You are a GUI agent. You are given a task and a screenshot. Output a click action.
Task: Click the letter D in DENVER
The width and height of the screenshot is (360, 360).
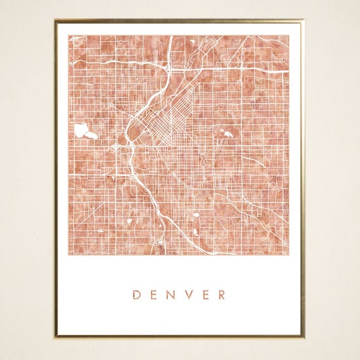click(x=136, y=294)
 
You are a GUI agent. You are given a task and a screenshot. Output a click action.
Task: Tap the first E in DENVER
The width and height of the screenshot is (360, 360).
click(x=153, y=294)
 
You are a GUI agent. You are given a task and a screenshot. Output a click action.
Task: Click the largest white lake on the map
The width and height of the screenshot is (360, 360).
click(x=81, y=131)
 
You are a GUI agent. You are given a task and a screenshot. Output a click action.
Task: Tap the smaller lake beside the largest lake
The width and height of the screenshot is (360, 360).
click(x=93, y=135)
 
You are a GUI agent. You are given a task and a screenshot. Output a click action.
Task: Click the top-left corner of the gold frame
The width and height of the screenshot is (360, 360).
click(x=56, y=21)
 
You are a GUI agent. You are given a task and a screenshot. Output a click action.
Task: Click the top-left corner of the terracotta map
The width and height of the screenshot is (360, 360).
click(x=69, y=35)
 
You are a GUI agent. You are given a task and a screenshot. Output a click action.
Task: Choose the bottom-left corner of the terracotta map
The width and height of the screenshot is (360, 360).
click(x=69, y=255)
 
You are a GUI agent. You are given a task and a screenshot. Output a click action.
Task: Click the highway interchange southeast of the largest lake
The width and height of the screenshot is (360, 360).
click(x=117, y=148)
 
